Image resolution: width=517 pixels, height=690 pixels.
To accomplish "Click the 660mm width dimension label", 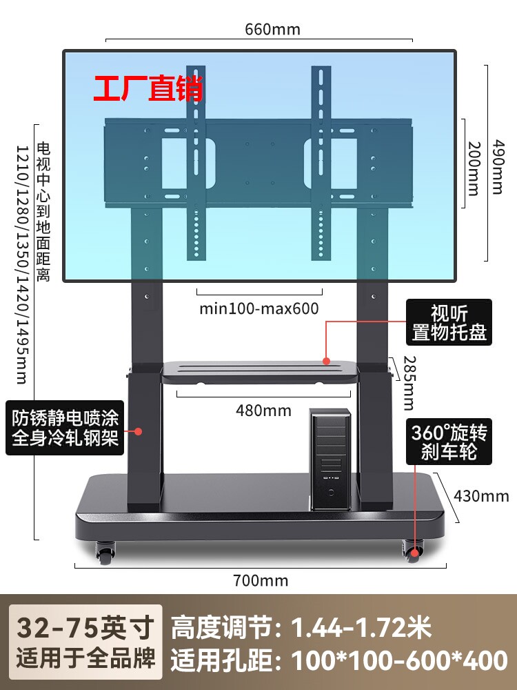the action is click(x=273, y=30).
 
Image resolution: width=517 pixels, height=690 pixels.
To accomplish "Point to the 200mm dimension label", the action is click(x=474, y=168).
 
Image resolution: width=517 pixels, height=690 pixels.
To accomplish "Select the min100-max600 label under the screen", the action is click(x=259, y=308).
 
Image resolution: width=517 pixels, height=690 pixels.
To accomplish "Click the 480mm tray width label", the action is click(x=263, y=411).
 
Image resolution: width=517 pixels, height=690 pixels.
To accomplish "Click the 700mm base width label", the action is click(x=261, y=580).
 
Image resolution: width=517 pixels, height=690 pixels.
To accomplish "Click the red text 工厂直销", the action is click(x=149, y=90).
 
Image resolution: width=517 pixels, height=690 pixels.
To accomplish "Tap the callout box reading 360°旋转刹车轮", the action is click(x=449, y=442).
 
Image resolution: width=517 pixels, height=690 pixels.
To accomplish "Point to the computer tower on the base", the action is click(x=330, y=459).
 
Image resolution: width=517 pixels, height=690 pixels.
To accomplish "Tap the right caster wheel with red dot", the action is click(x=413, y=549).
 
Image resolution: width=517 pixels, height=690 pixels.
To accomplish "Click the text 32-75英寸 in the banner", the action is click(x=85, y=629).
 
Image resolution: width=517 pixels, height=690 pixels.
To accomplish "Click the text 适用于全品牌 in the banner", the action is click(x=85, y=660).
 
